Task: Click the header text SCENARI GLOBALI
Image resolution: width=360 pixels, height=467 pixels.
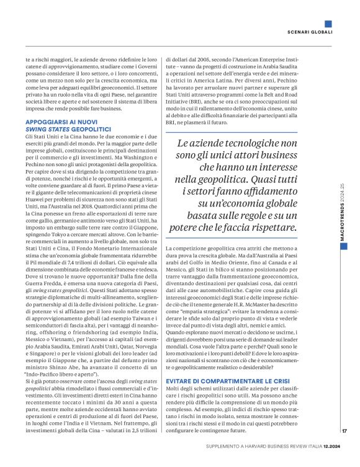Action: (310, 32)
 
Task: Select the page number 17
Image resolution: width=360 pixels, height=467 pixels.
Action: (344, 432)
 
